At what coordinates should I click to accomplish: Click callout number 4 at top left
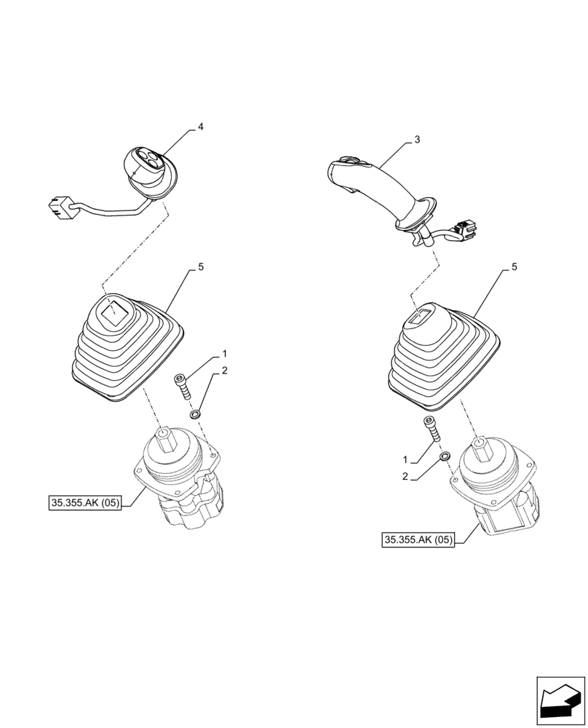pos(201,127)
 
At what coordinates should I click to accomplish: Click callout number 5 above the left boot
pos(201,267)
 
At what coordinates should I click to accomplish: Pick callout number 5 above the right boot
pos(514,267)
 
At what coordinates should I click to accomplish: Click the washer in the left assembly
pos(195,414)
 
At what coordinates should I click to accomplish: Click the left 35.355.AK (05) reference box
pos(85,502)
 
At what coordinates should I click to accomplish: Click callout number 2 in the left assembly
pos(225,371)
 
